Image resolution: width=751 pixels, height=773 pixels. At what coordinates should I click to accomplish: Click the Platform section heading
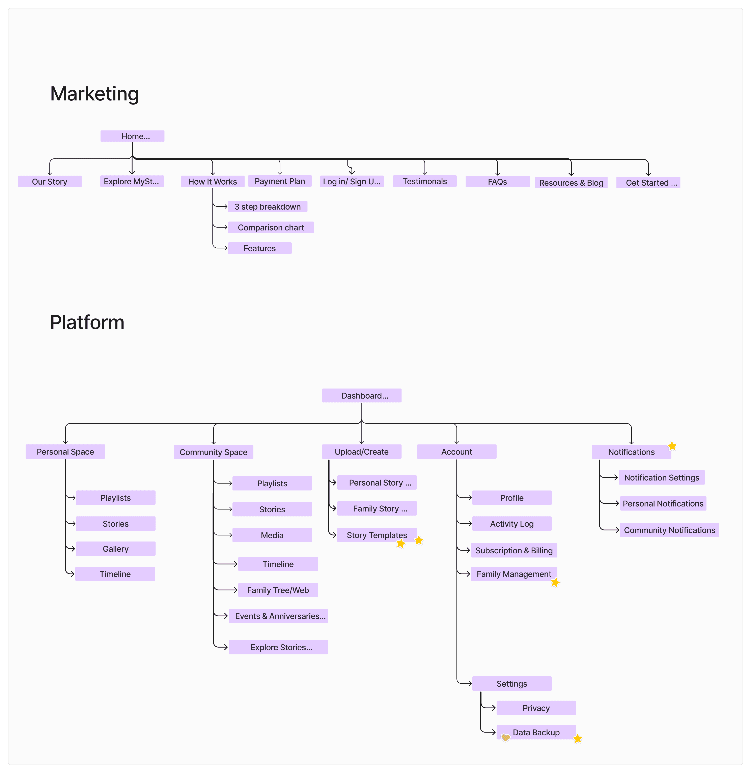87,323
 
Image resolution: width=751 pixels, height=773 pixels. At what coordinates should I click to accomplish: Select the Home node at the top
132,136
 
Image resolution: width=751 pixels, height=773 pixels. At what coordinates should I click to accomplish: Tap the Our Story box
50,181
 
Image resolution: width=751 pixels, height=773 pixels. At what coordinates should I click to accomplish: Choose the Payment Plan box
280,181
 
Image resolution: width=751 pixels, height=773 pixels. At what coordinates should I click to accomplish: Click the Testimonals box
425,181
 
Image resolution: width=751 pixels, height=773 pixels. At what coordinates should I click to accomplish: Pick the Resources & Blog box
571,183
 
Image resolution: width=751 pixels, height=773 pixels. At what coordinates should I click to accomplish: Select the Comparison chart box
271,227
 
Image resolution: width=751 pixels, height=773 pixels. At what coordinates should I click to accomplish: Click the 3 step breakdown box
268,207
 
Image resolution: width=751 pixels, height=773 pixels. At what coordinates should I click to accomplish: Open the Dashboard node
361,396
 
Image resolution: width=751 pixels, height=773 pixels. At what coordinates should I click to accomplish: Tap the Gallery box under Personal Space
116,549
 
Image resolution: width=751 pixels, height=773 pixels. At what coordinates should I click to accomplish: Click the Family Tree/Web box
278,590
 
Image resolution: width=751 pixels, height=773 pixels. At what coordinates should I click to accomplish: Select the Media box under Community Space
272,535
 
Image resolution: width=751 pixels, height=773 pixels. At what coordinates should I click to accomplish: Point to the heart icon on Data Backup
505,738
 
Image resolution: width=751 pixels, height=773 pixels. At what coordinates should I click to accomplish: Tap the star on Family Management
555,583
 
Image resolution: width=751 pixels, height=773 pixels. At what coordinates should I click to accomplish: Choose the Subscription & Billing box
514,550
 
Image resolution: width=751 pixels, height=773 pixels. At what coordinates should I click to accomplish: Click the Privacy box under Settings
536,708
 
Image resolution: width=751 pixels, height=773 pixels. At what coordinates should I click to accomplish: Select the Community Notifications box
669,530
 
